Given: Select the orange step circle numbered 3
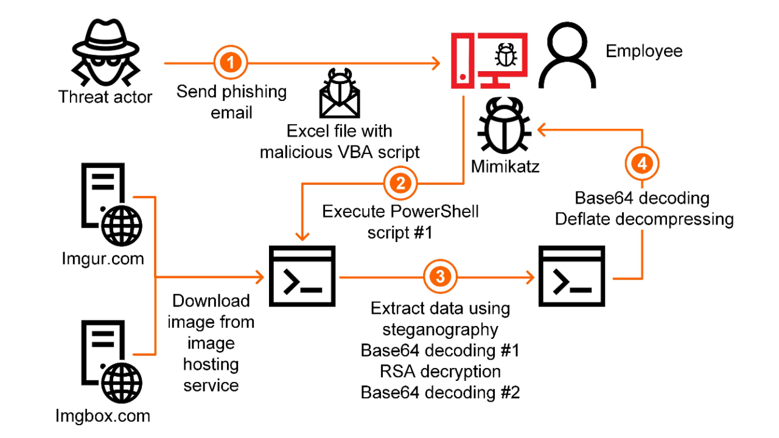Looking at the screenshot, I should click(440, 277).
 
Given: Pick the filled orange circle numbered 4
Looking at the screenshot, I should click(642, 164).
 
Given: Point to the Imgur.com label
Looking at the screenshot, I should click(103, 259).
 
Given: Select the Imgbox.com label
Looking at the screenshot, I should click(103, 416).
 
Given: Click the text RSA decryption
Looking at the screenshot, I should click(440, 371).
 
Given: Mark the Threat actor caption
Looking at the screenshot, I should click(105, 97).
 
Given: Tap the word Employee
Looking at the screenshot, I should click(644, 51).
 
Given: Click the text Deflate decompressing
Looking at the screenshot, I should click(644, 219).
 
